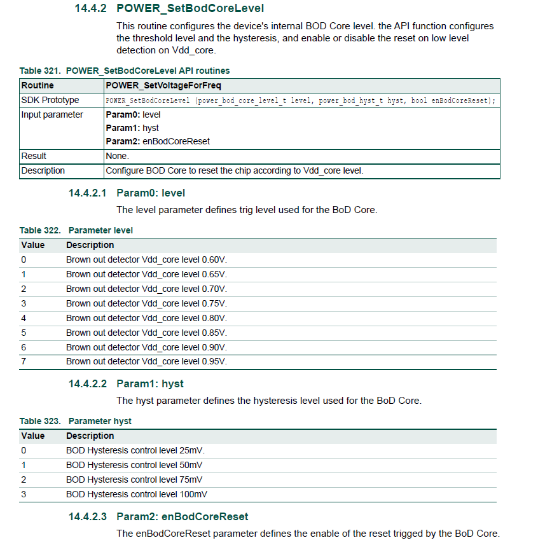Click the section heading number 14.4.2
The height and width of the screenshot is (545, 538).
click(x=87, y=9)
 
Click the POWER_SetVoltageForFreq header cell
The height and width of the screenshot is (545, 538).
click(x=163, y=85)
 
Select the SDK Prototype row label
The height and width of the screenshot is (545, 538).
click(x=50, y=100)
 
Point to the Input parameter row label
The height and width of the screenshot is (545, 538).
click(x=52, y=115)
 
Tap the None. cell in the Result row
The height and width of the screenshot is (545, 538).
click(x=118, y=156)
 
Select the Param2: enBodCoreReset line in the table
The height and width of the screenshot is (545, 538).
click(x=158, y=141)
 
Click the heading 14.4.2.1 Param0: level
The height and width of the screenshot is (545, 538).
click(x=127, y=193)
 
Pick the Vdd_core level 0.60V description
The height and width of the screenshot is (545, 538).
click(x=146, y=259)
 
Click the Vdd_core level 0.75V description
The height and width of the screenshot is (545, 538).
click(x=146, y=303)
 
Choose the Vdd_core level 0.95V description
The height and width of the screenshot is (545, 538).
click(x=146, y=362)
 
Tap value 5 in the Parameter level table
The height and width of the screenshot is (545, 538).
click(x=24, y=333)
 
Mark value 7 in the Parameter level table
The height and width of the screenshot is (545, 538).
click(x=24, y=362)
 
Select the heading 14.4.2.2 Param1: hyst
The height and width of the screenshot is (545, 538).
click(x=126, y=384)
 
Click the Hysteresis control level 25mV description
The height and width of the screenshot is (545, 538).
click(x=135, y=450)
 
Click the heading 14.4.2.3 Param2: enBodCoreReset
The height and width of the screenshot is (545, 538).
click(x=158, y=516)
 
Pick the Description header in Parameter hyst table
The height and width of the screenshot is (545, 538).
click(x=90, y=436)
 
